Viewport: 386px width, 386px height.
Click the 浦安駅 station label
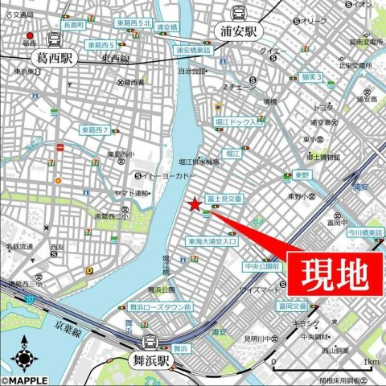(x=239, y=33)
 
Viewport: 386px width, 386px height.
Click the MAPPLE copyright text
(x=23, y=380)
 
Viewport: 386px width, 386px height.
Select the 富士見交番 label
(x=225, y=198)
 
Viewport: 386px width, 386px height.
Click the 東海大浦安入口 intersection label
(x=211, y=240)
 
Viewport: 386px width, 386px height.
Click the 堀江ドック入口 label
(x=240, y=121)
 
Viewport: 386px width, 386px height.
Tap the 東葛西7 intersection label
(x=95, y=129)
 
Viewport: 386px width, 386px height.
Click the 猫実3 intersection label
(x=309, y=77)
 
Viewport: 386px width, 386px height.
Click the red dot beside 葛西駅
(x=30, y=35)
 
